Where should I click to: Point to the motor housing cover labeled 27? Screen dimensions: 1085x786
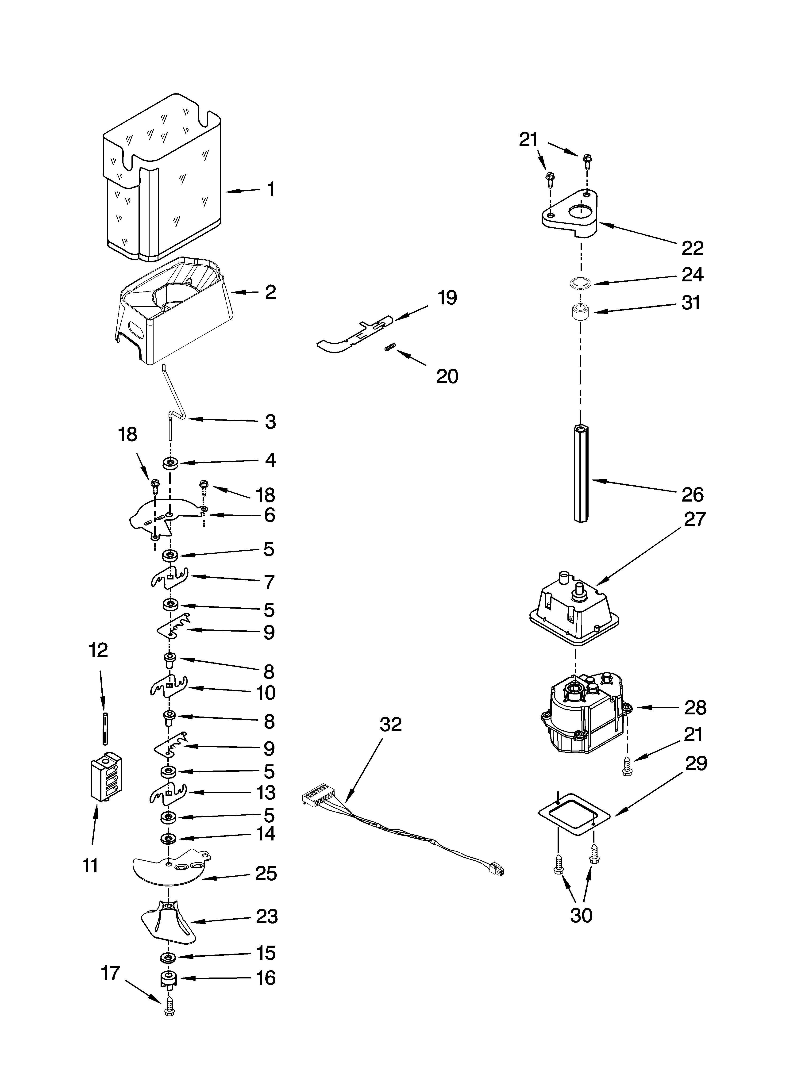574,611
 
